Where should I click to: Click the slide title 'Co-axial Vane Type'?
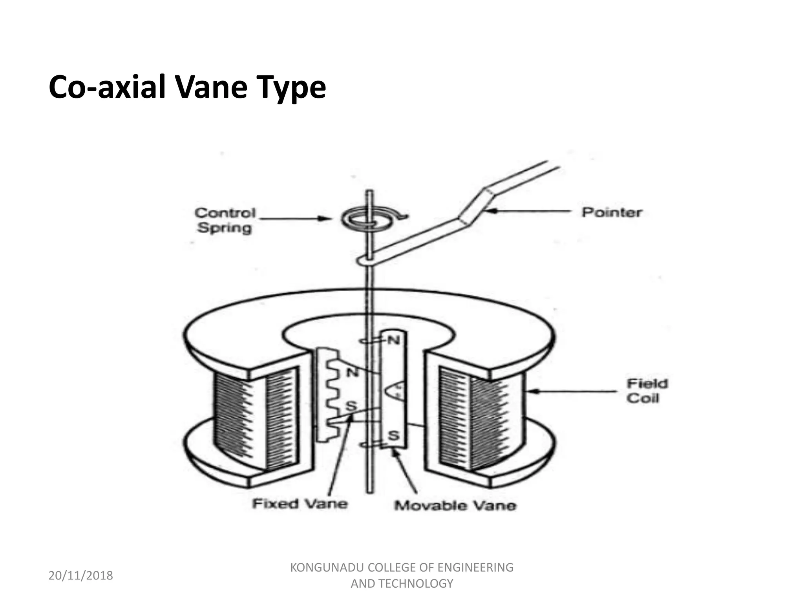point(187,87)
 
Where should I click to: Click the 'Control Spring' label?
point(225,220)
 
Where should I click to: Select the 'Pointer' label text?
point(612,212)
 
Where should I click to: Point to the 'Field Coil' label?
point(647,391)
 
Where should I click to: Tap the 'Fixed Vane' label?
point(300,503)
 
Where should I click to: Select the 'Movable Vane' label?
point(455,505)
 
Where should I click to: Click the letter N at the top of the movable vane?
point(393,340)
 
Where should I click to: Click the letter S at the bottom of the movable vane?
point(394,435)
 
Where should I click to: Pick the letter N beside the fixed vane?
point(352,371)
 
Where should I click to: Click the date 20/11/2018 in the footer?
point(80,576)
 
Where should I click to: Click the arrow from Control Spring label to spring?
point(294,218)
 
